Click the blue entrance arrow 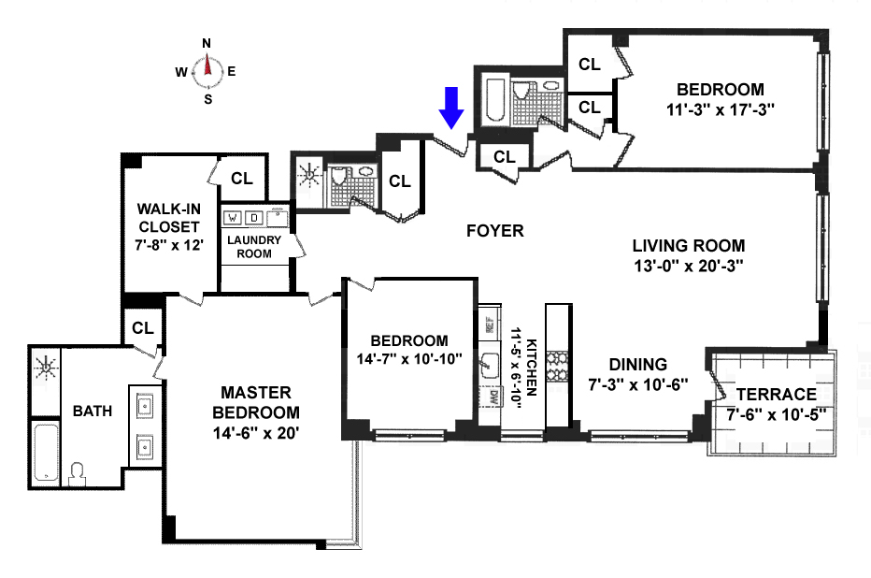point(451,108)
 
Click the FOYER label point(495,231)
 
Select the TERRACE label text point(776,395)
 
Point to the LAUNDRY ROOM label point(254,247)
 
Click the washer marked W point(232,218)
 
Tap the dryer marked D point(254,218)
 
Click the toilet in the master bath point(77,474)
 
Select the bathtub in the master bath point(46,453)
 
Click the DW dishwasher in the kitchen point(490,397)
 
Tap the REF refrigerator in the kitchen point(490,324)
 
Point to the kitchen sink point(490,364)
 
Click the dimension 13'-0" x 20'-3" point(689,266)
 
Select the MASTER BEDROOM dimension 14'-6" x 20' point(256,432)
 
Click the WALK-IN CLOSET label point(169,218)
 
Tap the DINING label point(638,365)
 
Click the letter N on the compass point(207,43)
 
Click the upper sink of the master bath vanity point(146,406)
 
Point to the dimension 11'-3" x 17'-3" point(721,109)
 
